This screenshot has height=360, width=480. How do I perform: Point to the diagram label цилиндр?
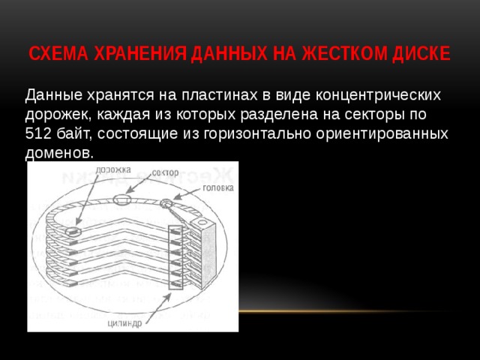click(125, 324)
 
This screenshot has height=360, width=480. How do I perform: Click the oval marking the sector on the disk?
click(122, 199)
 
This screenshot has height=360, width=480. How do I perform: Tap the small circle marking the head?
click(166, 203)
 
